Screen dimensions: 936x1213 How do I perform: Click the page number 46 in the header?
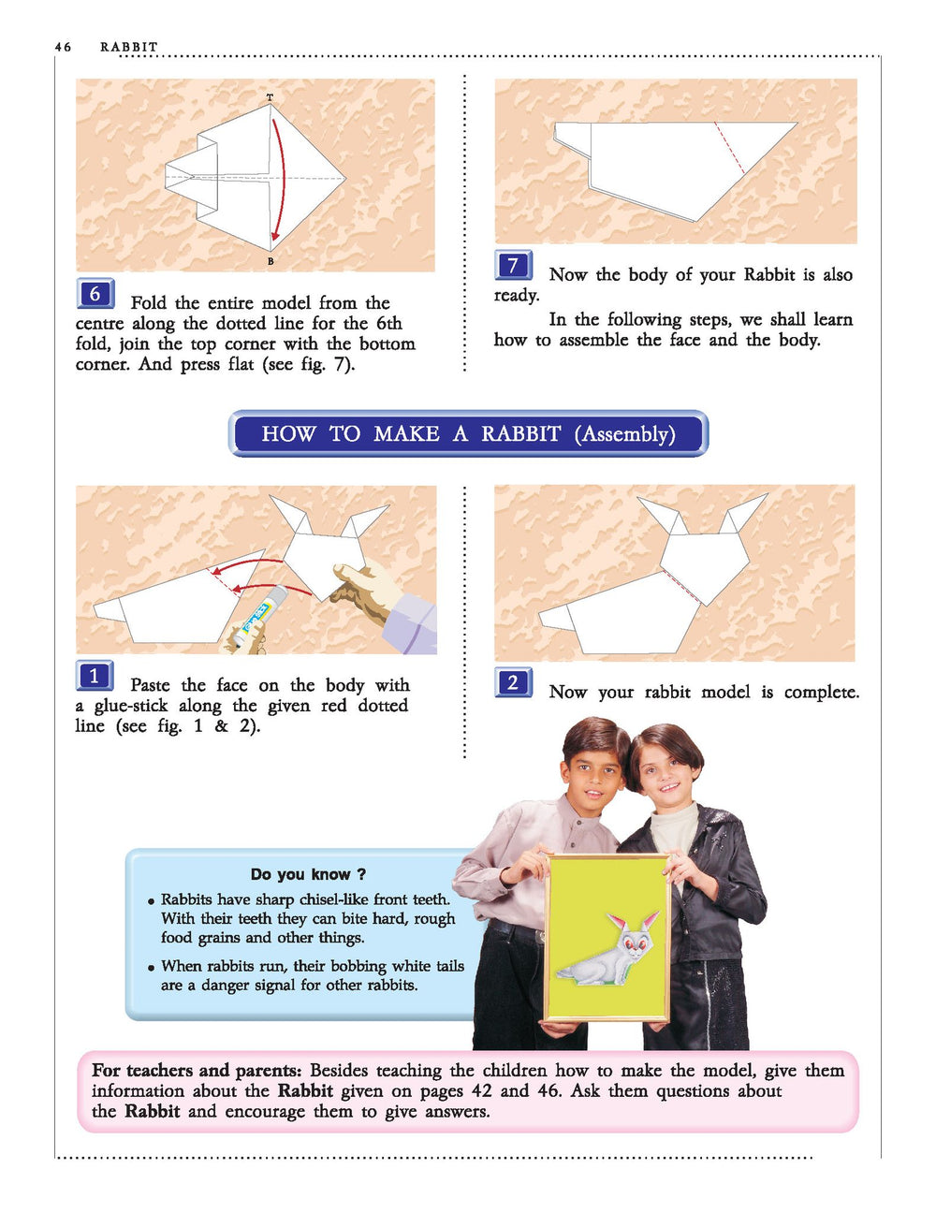pyautogui.click(x=63, y=47)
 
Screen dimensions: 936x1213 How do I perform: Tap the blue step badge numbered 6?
pyautogui.click(x=95, y=293)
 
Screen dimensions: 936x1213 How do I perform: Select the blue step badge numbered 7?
pyautogui.click(x=514, y=265)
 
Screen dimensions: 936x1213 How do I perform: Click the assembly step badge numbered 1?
pyautogui.click(x=95, y=676)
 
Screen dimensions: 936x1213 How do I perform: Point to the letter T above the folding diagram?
pyautogui.click(x=271, y=97)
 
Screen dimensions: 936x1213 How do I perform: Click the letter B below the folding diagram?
pyautogui.click(x=271, y=261)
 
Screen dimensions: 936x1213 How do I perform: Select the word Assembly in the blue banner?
pyautogui.click(x=624, y=433)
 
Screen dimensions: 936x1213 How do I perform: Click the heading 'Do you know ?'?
pyautogui.click(x=308, y=874)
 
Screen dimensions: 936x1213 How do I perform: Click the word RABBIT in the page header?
pyautogui.click(x=129, y=47)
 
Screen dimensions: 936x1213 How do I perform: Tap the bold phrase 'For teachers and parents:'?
pyautogui.click(x=197, y=1071)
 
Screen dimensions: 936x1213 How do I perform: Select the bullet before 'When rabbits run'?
pyautogui.click(x=152, y=968)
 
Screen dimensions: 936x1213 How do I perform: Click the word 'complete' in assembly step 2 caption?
pyautogui.click(x=821, y=693)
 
